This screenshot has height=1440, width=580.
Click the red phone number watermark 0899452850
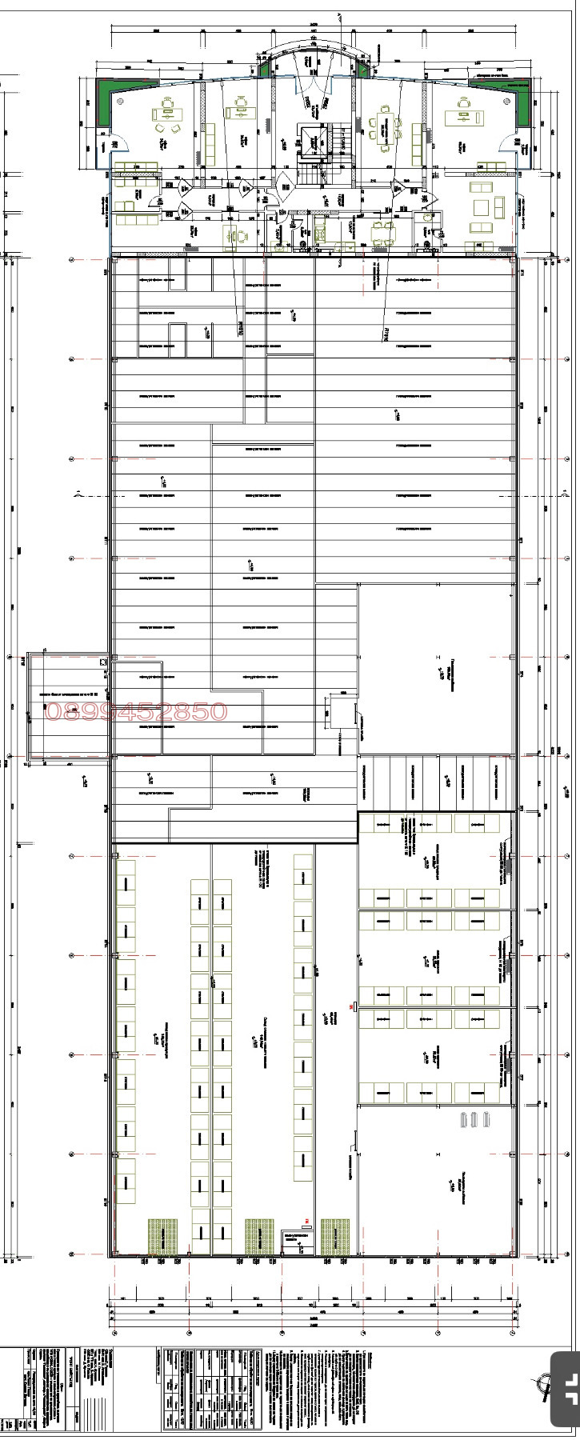(x=137, y=711)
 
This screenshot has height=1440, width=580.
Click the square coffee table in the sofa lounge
(x=482, y=207)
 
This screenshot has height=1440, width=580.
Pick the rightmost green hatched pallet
(x=336, y=1237)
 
